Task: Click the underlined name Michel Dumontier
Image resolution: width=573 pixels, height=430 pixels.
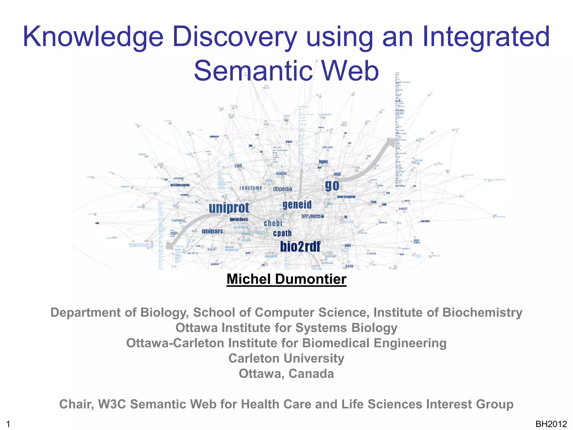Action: tap(286, 279)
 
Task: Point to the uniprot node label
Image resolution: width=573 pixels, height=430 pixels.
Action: tap(229, 208)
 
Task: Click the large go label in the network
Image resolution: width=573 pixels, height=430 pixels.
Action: tap(332, 186)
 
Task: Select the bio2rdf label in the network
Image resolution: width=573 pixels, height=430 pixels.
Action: tap(300, 247)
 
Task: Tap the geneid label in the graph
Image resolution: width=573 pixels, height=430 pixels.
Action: tap(297, 205)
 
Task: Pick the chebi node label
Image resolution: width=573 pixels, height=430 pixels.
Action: tap(273, 223)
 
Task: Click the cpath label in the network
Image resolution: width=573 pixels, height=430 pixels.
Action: tap(282, 233)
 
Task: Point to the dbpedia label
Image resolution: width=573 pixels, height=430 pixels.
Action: tap(282, 189)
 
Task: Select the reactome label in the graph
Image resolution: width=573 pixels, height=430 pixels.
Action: tap(251, 188)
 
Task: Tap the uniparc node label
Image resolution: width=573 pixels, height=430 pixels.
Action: tap(212, 231)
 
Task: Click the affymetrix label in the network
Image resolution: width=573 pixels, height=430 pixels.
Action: tap(313, 216)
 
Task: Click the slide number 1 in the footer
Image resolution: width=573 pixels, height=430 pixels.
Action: tap(8, 424)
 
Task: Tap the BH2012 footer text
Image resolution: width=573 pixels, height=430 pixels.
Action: tap(551, 424)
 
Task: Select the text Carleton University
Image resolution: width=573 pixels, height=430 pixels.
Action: tap(286, 358)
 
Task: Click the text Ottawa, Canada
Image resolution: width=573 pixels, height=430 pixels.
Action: tap(286, 374)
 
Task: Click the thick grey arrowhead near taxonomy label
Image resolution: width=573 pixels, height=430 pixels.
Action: tap(169, 246)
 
